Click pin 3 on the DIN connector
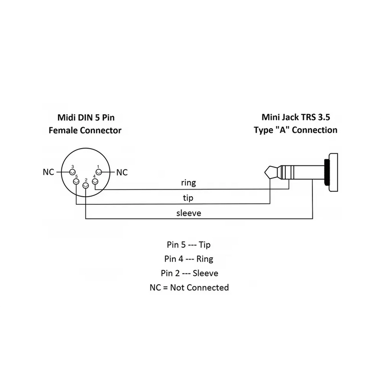point(71,171)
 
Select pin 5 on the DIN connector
point(76,182)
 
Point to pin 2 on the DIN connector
point(85,185)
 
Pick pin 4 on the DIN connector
point(95,182)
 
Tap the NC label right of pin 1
point(122,172)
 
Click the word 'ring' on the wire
point(188,182)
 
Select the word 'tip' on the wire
point(188,197)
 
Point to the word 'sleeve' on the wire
point(188,212)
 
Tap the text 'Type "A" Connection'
point(296,130)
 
